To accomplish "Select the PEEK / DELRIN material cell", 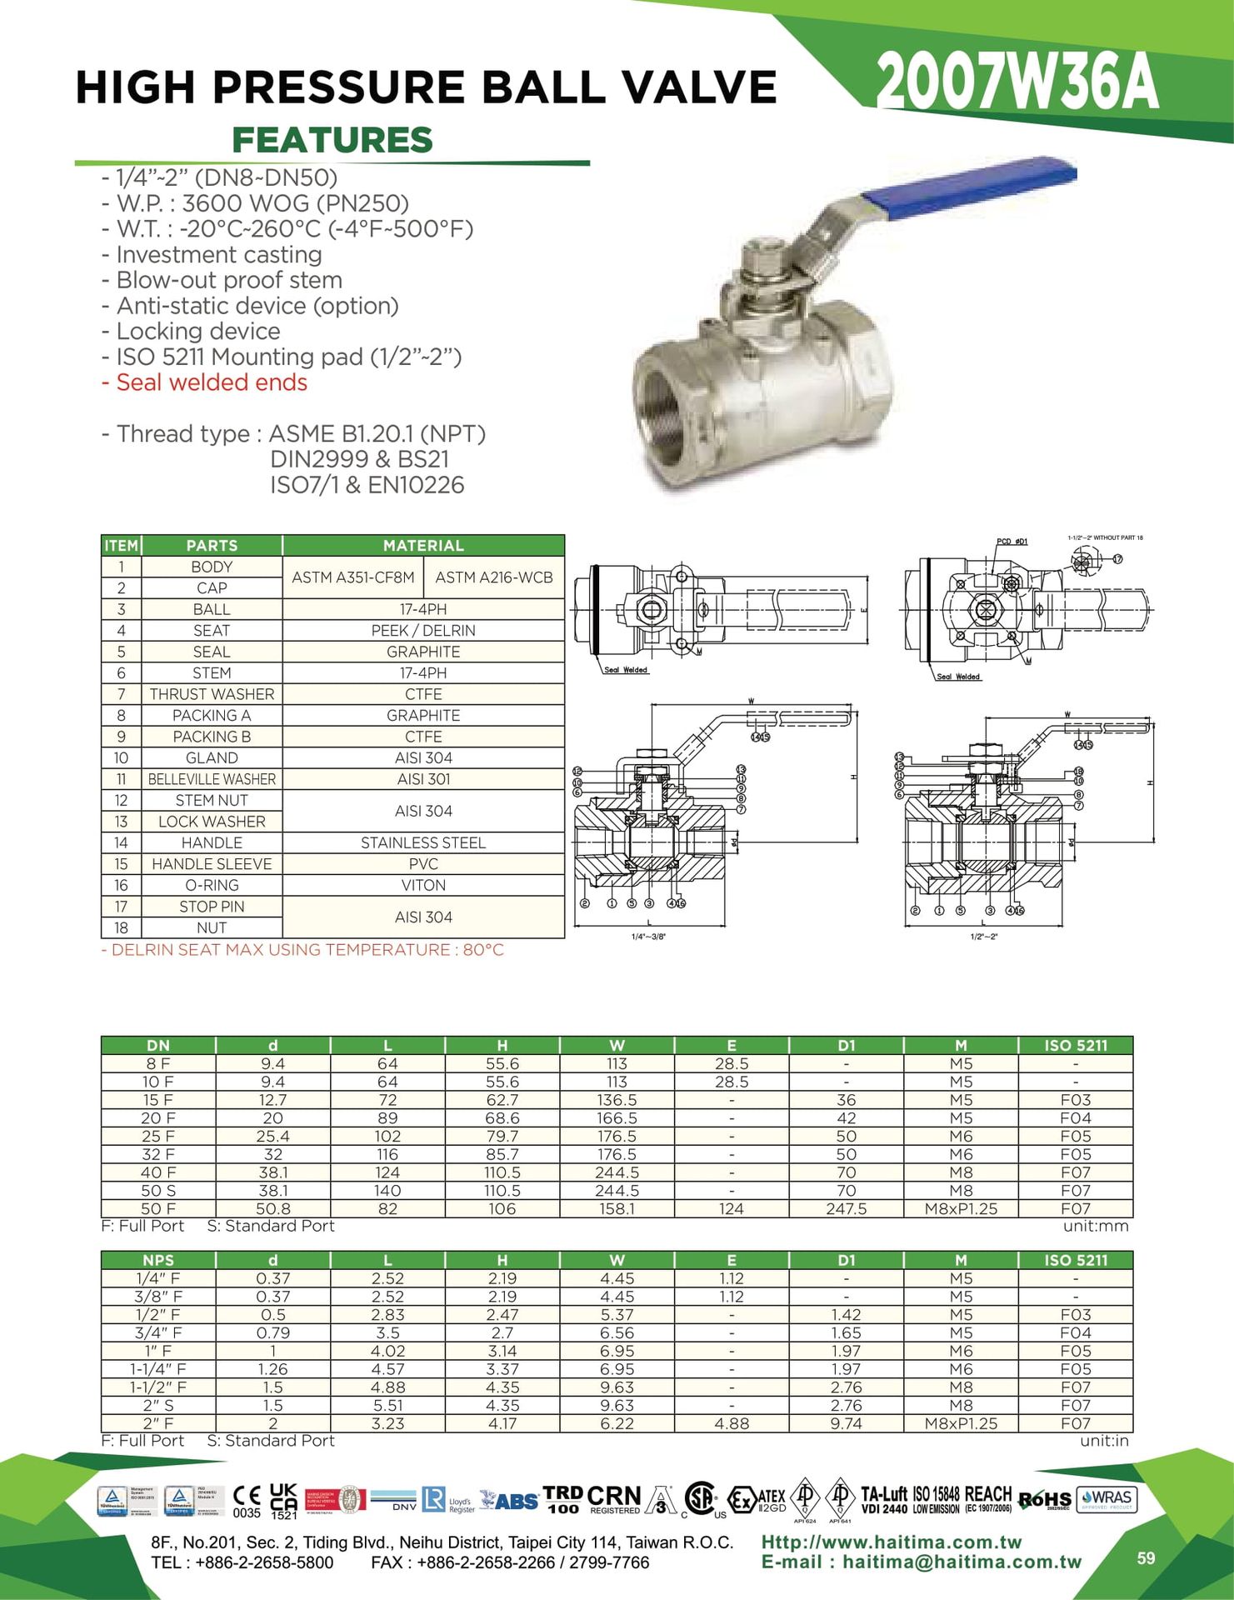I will pos(423,631).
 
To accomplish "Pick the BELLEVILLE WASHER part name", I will pos(212,779).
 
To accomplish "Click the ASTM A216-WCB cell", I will pos(494,577).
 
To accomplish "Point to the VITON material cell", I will pos(423,885).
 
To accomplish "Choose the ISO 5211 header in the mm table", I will pos(1076,1045).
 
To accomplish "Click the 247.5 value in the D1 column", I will pos(846,1208).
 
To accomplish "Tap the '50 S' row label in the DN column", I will pos(158,1190).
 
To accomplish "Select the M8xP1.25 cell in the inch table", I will pos(961,1423).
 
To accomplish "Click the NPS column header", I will pos(158,1260).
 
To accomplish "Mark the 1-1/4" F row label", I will pos(158,1368).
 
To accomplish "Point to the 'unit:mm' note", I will pos(1096,1226).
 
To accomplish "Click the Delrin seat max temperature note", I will pos(302,950).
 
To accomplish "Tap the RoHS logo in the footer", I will pos(1045,1500).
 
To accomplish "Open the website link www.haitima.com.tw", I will pos(892,1542).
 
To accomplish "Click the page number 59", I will pos(1147,1557).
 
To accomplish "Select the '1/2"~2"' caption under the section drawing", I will pos(984,937).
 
